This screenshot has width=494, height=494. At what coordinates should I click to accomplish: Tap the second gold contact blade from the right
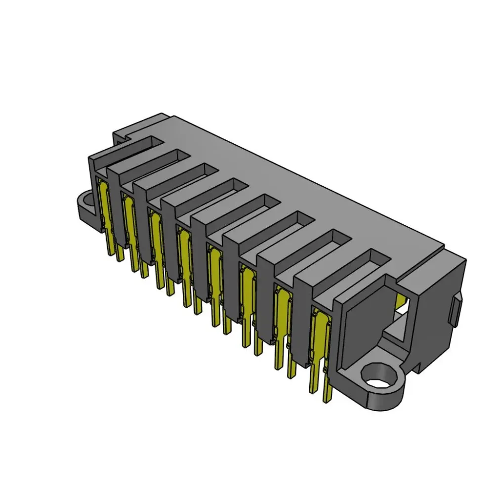coord(283,311)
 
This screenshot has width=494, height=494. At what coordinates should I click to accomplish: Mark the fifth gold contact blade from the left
coord(215,272)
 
